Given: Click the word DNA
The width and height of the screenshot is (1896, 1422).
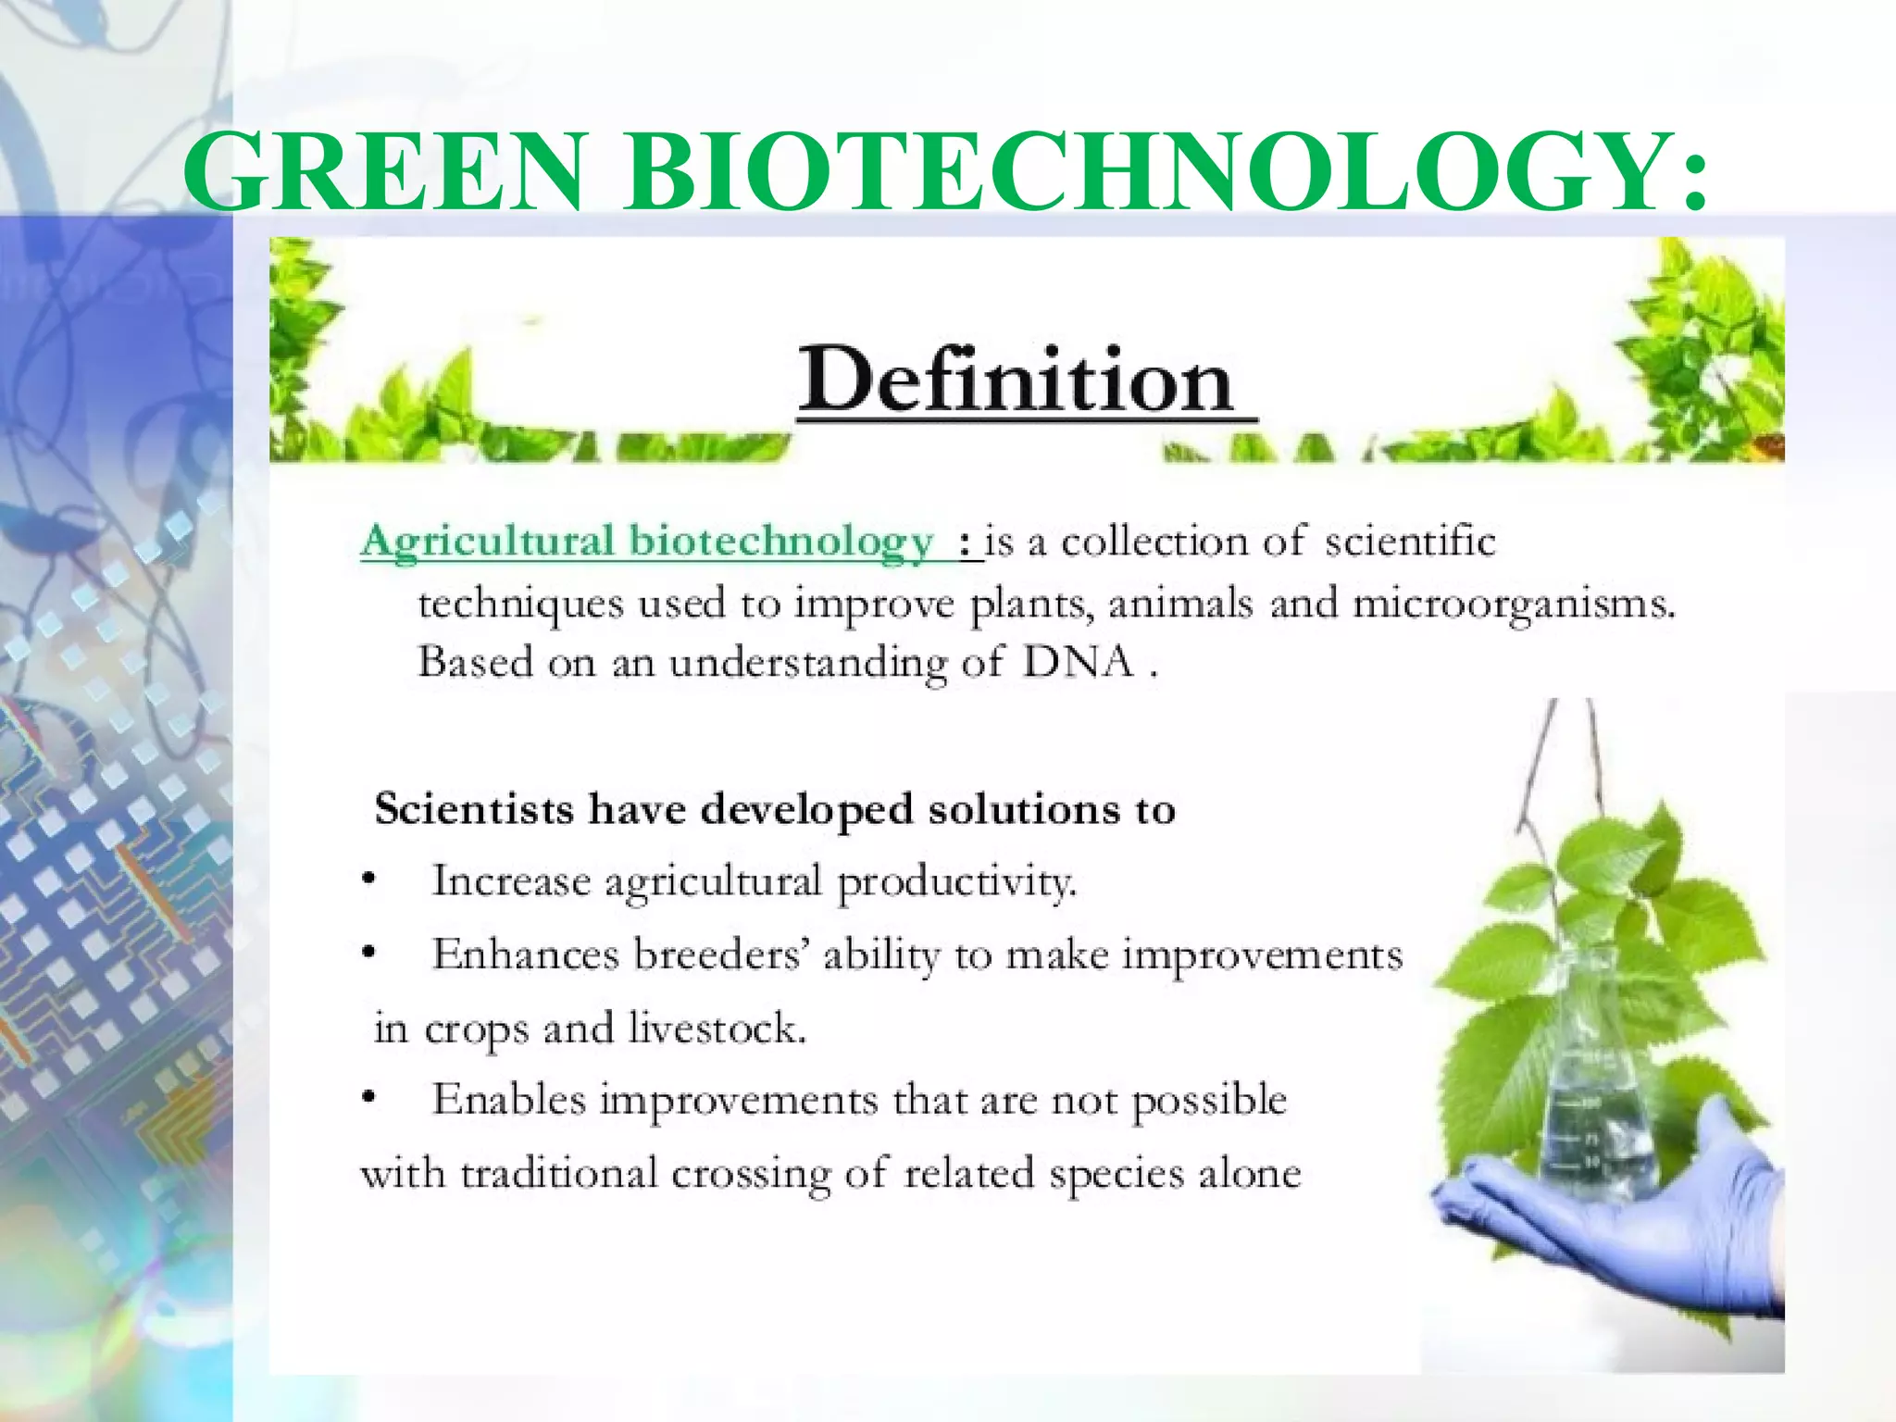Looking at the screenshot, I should [x=1079, y=662].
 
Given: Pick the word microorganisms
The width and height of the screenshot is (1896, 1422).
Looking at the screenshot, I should [x=1514, y=605].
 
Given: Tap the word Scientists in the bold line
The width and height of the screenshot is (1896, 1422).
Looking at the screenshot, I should [x=474, y=810].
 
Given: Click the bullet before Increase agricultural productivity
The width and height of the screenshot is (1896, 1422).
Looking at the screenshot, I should [x=369, y=879].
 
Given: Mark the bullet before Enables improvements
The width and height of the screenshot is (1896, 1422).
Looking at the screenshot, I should [x=369, y=1099].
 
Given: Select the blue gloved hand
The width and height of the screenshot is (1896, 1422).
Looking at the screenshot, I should [x=1629, y=1231].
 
